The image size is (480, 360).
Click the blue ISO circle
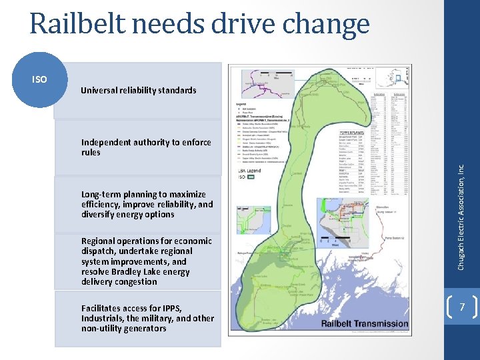(40, 80)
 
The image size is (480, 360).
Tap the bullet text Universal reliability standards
(139, 90)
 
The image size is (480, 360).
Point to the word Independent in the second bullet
(106, 142)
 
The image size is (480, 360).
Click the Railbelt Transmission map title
(365, 323)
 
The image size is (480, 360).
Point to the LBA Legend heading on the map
(249, 171)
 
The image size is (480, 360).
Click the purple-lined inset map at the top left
(261, 81)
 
